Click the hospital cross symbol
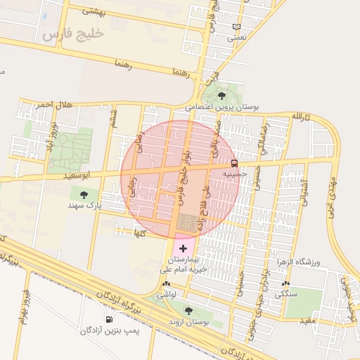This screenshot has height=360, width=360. click(x=184, y=248)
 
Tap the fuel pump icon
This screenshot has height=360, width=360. click(x=108, y=319)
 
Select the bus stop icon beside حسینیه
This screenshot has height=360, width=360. click(x=243, y=162)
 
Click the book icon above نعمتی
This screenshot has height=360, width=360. click(x=236, y=27)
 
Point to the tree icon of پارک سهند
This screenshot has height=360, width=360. click(x=84, y=195)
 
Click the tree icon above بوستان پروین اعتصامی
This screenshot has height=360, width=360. click(x=222, y=96)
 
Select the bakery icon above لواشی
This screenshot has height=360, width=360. click(x=166, y=285)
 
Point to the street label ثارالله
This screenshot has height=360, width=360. click(x=302, y=115)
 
